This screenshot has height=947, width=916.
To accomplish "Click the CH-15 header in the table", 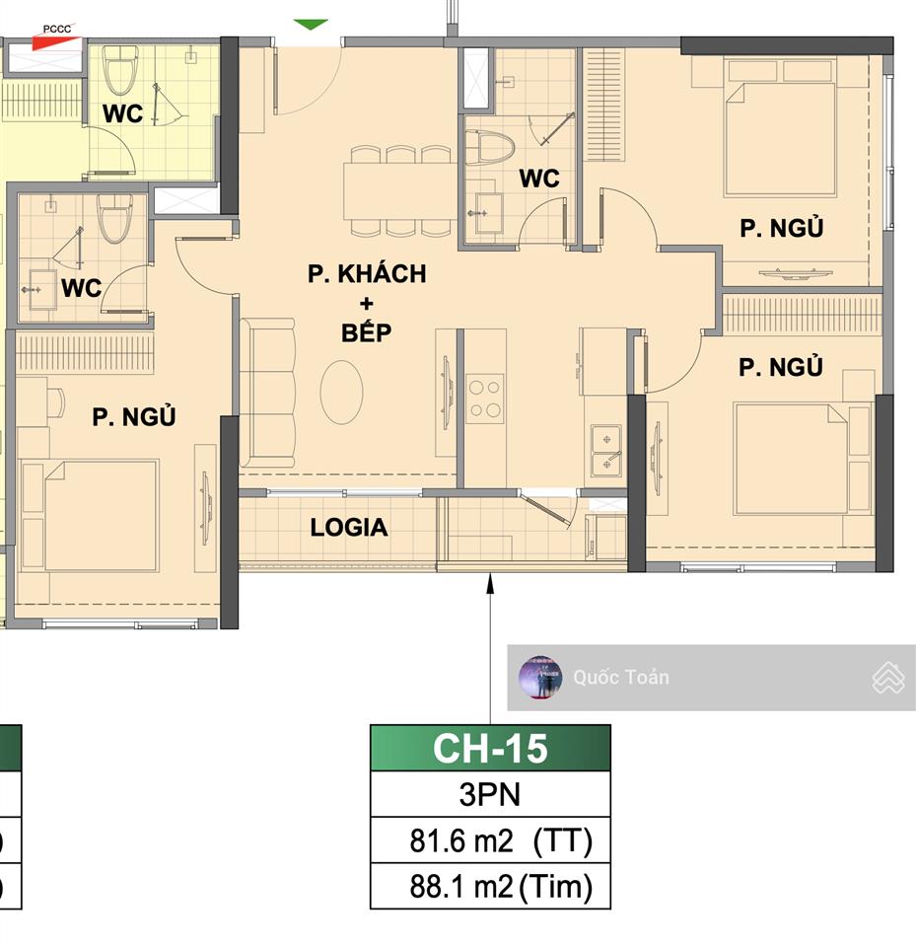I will tap(490, 749).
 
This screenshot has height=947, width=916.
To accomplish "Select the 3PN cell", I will tap(490, 795).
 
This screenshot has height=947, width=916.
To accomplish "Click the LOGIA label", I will tap(349, 528).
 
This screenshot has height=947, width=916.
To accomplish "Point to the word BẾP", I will tap(367, 332).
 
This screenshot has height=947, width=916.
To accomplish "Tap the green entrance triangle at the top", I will tap(311, 24).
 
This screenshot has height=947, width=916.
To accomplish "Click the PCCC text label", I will tap(57, 29).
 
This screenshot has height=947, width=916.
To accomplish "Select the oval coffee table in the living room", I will tap(341, 392).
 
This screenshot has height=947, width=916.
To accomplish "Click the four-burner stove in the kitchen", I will tap(485, 399).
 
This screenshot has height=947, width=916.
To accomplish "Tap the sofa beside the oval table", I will tap(268, 393).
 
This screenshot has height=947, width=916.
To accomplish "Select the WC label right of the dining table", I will tap(539, 179).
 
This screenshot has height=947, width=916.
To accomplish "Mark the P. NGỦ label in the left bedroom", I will tap(134, 417).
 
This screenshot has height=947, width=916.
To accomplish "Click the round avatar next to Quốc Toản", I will tap(540, 677).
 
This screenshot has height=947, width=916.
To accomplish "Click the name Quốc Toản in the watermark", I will tap(621, 677).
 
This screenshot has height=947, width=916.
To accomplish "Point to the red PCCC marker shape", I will tap(50, 41).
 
